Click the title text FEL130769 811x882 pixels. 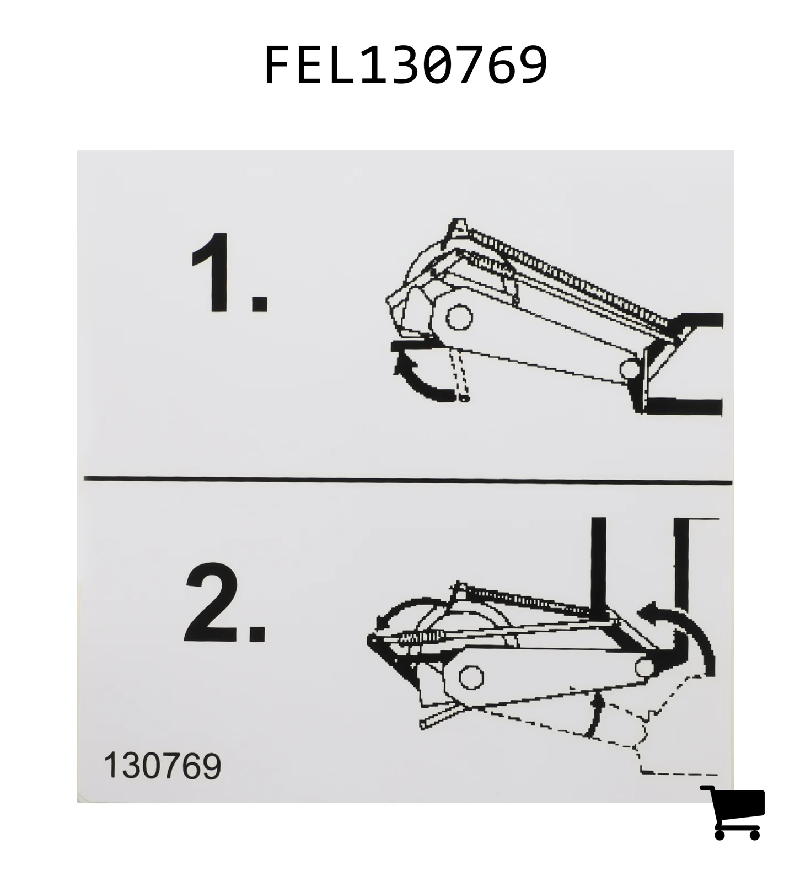pos(406,64)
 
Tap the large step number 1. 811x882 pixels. pos(230,272)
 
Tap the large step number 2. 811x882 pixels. pos(225,603)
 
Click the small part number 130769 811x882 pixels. pos(162,766)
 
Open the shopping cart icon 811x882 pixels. pos(733,812)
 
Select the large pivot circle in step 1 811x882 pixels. pos(459,317)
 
